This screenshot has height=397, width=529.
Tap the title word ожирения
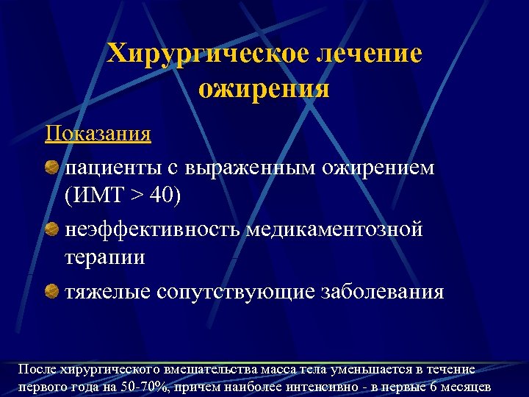click(x=264, y=88)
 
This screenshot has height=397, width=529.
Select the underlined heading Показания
click(x=98, y=135)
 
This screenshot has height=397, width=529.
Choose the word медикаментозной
click(x=334, y=230)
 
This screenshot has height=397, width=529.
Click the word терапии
click(x=105, y=258)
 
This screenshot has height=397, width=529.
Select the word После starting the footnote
click(x=36, y=370)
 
